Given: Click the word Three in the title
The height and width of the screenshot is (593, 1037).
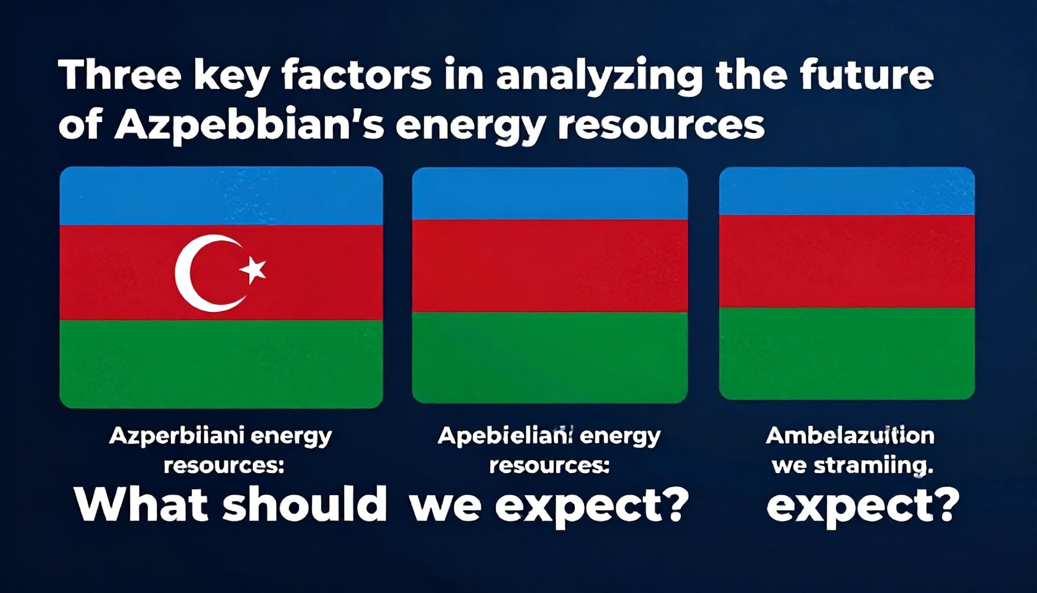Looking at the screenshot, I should click(x=119, y=76).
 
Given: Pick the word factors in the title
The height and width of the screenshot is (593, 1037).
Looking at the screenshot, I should click(x=356, y=76).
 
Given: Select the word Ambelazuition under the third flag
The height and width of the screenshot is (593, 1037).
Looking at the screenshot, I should click(x=850, y=435).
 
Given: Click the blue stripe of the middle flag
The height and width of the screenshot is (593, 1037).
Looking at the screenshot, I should click(x=549, y=195).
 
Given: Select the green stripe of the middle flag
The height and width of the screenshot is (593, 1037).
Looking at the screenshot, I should click(x=549, y=356).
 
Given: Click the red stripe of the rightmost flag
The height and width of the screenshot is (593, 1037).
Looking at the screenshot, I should click(x=847, y=261).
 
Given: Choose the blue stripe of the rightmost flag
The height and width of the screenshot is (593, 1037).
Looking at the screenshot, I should click(x=847, y=191).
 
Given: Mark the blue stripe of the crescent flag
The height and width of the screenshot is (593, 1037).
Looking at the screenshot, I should click(x=221, y=196).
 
